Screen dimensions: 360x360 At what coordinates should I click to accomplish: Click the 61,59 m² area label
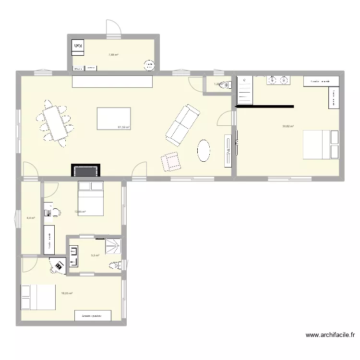(124, 127)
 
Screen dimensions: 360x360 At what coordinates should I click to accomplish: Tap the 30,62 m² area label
(288, 126)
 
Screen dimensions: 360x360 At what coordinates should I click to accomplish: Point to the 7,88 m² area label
(113, 55)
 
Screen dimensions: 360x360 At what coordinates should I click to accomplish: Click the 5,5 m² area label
(95, 255)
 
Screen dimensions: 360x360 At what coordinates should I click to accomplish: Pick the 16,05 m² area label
(67, 293)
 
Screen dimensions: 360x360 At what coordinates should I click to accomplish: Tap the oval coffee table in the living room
(204, 151)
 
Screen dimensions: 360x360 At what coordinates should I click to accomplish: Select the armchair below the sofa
(170, 161)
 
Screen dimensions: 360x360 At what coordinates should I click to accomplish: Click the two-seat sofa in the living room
(183, 124)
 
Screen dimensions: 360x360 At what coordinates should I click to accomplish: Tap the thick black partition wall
(264, 106)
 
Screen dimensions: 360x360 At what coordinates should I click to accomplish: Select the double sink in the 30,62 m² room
(278, 80)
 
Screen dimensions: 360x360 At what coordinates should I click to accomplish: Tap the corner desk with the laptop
(59, 265)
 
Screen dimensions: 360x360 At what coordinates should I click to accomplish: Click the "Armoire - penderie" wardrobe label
(93, 316)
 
